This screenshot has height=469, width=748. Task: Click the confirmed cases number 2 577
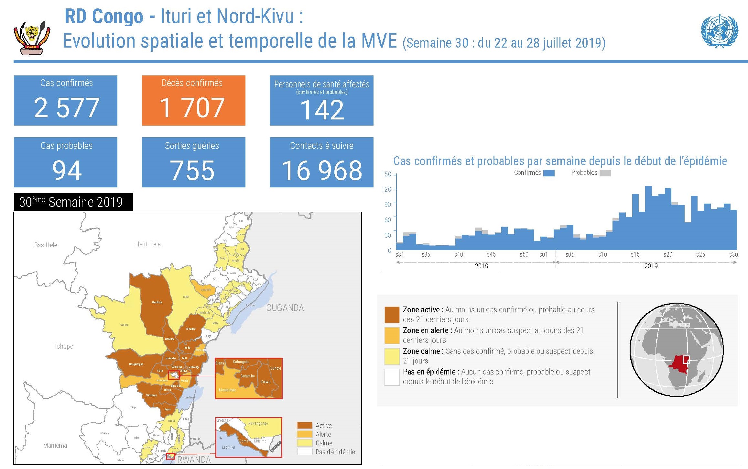(66, 108)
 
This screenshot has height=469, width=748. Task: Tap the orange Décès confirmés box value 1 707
(192, 108)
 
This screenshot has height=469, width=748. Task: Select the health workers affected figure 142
(322, 110)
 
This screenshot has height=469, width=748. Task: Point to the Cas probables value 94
(67, 170)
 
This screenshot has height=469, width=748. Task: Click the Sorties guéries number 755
(192, 170)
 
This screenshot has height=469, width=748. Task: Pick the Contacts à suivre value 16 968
(322, 170)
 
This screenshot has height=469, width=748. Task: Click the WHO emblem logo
(719, 31)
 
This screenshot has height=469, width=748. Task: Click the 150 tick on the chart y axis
(386, 174)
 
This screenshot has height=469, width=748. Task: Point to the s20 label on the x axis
(667, 254)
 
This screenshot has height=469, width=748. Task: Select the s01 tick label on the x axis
(543, 254)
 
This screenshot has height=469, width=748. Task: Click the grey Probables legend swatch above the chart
(605, 173)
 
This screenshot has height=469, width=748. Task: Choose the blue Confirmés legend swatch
(549, 173)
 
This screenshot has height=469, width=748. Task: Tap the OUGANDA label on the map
(285, 308)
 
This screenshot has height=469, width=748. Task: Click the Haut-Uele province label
(148, 244)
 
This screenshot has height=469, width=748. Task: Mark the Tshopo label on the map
(64, 346)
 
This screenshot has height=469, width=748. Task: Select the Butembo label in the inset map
(247, 376)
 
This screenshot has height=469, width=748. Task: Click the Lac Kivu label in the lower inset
(228, 447)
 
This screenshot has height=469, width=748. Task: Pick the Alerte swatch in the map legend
(304, 434)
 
